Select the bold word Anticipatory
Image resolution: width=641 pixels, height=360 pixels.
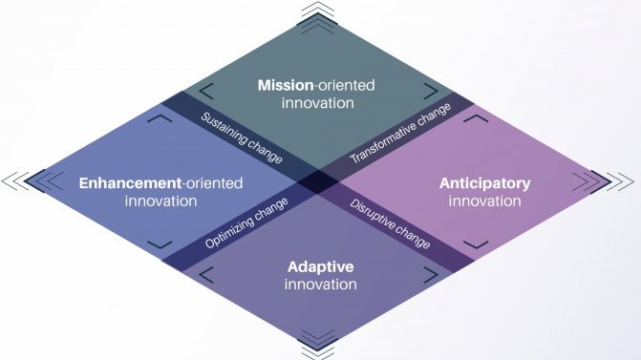coord(484,182)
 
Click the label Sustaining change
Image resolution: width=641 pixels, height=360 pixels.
coord(241,138)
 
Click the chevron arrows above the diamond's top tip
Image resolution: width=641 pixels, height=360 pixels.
coord(320,11)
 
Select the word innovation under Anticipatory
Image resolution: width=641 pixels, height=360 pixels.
coord(484,201)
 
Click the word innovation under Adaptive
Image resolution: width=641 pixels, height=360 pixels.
coord(320,285)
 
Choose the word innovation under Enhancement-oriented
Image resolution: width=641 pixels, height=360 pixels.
coord(160,201)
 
